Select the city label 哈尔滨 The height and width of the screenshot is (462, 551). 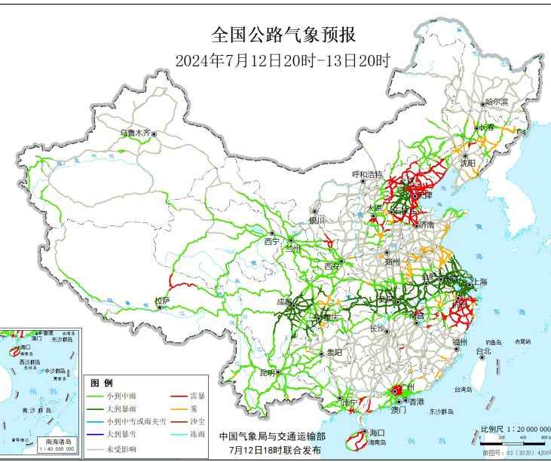(x=497, y=101)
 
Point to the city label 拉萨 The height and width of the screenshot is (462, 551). (x=162, y=301)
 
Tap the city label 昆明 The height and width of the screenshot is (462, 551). (x=268, y=372)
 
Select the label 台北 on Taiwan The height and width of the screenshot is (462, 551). (x=482, y=350)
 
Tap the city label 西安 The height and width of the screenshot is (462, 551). (x=332, y=266)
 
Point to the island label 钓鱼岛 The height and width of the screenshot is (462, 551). (x=494, y=341)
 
